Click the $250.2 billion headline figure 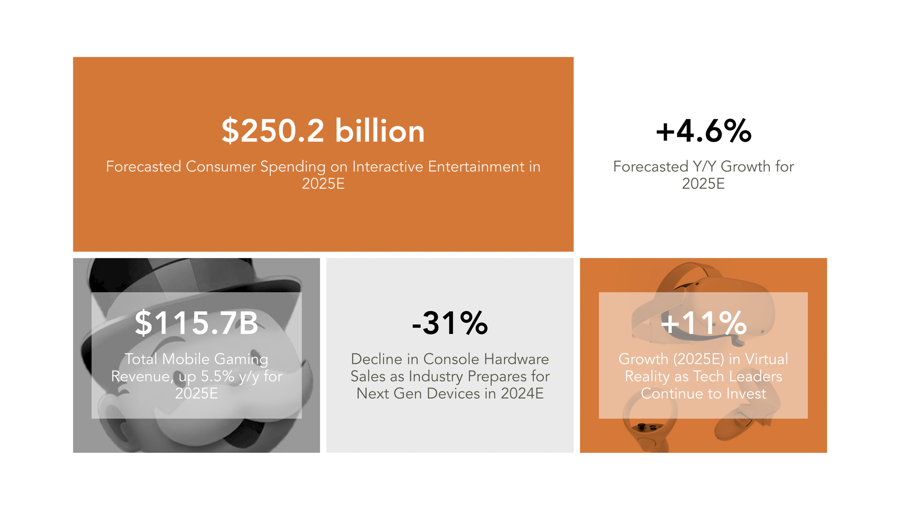point(323,131)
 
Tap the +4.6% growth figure point(703,131)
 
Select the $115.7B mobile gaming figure point(196,323)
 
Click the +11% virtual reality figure point(703,323)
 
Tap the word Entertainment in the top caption point(476,166)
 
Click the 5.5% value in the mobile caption point(217,376)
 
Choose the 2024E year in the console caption point(522,394)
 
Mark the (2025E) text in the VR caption point(698,359)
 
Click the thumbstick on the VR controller point(642,426)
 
